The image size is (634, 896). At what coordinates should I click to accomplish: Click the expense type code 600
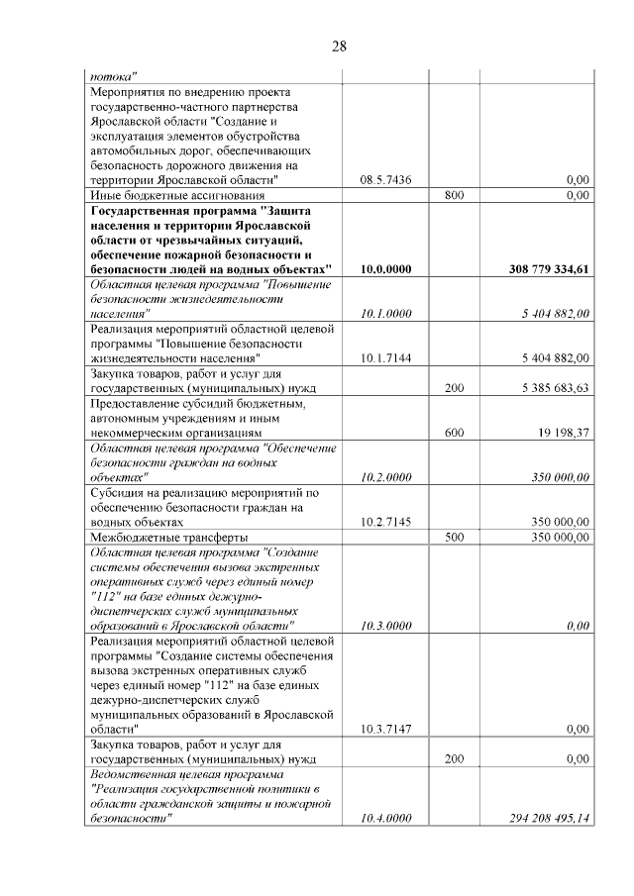(455, 432)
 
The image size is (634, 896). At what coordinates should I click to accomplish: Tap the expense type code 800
(455, 196)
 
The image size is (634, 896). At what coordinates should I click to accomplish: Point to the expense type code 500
(455, 537)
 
